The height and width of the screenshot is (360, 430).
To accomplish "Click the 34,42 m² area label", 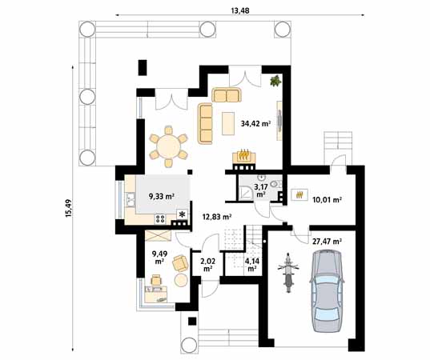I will (x=255, y=124).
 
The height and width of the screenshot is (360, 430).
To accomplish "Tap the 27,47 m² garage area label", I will (x=327, y=240).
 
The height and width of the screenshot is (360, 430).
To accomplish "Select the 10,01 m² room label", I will (x=327, y=199).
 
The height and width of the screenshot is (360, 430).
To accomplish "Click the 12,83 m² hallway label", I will (x=216, y=216).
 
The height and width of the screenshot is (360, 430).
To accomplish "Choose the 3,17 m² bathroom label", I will (x=260, y=190).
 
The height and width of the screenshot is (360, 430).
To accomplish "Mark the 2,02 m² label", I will (x=207, y=264).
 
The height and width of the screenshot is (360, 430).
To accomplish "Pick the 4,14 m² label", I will (x=251, y=264).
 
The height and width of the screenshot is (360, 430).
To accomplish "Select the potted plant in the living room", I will (x=275, y=80).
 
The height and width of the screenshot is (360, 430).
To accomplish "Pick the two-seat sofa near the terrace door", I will (x=227, y=96).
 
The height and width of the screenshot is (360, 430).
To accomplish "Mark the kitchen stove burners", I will (x=160, y=217).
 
